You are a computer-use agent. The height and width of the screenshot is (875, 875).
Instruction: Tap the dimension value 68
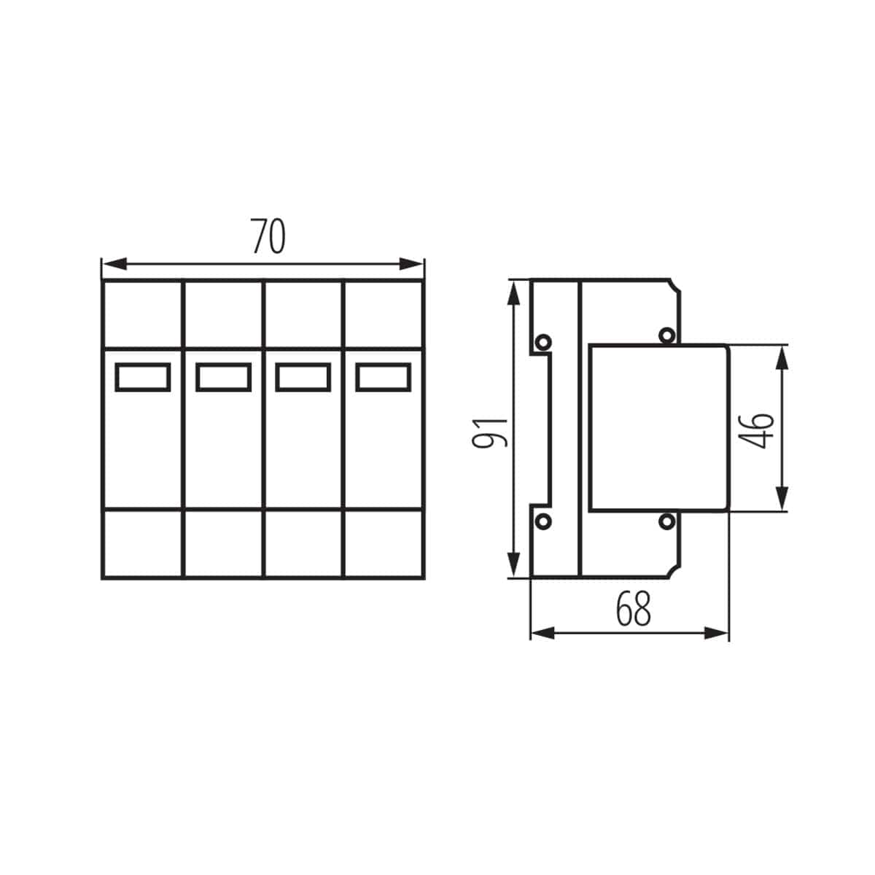click(x=631, y=610)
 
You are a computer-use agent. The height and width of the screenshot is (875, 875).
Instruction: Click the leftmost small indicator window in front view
click(x=143, y=377)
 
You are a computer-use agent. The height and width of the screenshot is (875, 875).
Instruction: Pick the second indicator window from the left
click(x=223, y=377)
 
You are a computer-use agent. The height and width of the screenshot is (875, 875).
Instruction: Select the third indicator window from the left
click(x=303, y=377)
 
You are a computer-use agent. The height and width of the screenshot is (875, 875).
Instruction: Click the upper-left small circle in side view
click(x=543, y=341)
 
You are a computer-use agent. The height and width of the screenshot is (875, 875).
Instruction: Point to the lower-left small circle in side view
click(x=543, y=521)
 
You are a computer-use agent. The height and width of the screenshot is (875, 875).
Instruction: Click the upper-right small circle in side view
click(x=666, y=335)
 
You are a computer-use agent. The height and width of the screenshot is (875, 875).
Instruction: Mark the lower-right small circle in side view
click(x=666, y=521)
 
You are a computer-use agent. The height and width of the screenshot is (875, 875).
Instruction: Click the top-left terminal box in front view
click(x=142, y=314)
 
